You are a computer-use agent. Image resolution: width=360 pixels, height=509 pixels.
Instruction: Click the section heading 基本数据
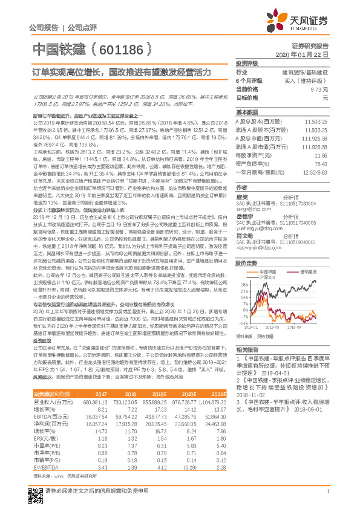(x=247, y=112)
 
